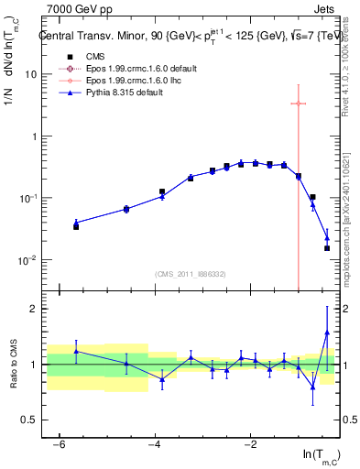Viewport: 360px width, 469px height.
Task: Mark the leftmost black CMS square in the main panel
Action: (76, 225)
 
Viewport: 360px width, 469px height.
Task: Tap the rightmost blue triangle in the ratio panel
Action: (327, 332)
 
